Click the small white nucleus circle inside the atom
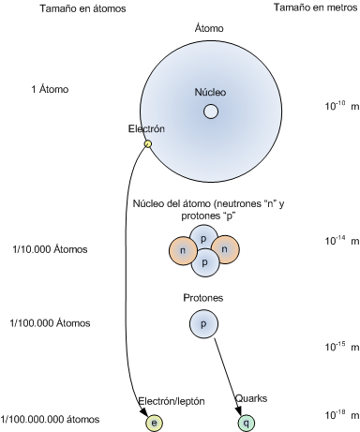211,112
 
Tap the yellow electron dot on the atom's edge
148,143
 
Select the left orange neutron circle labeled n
183,250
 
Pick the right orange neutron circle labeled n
225,249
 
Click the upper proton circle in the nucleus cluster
204,238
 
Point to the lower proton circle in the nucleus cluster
204,262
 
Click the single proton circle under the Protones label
203,323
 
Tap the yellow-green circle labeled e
154,423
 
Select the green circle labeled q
247,423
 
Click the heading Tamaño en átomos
82,8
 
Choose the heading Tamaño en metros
315,7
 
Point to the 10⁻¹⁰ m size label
342,106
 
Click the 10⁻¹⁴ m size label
342,240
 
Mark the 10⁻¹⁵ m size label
342,346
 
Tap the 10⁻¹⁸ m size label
342,414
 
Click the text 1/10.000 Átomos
50,249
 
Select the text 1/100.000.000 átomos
50,419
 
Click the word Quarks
251,398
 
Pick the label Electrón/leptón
172,401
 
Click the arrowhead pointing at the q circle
238,410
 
